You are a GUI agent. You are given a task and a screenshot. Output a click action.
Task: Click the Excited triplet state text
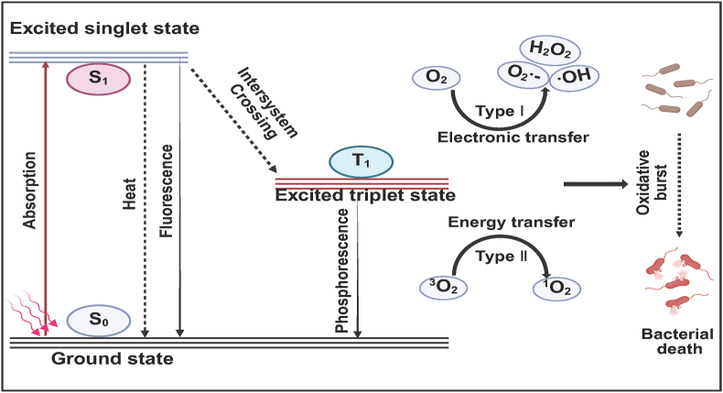(365, 194)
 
